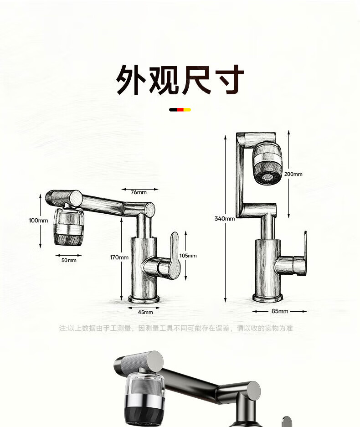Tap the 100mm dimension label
38,220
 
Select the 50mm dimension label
69,260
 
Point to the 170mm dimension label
119,257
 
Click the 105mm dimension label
188,256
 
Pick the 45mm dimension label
145,312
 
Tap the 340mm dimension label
225,218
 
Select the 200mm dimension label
292,174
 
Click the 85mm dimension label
280,311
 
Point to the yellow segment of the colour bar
187,110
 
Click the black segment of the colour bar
173,110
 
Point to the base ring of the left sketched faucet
144,300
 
